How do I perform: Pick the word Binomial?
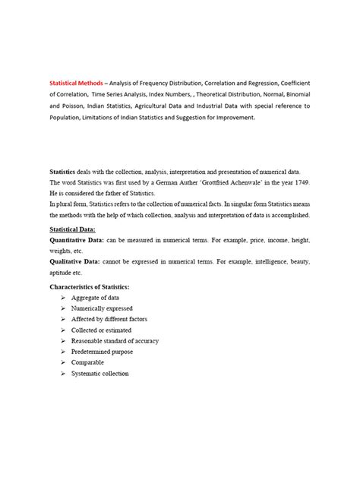pos(293,94)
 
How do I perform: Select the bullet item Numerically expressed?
pos(102,309)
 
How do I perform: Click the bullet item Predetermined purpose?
pos(103,352)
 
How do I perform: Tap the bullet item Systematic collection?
pos(100,374)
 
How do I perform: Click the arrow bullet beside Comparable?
pos(62,363)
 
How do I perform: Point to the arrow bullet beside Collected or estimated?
pos(62,330)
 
